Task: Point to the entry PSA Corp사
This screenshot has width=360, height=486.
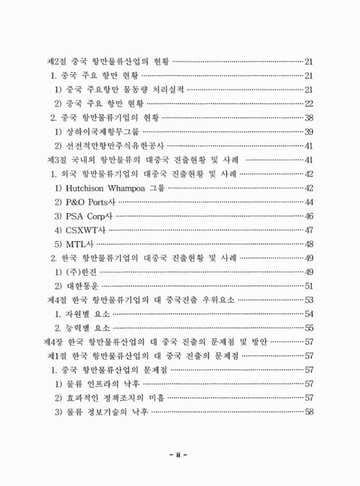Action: coord(89,216)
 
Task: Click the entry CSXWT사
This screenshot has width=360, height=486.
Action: coord(85,230)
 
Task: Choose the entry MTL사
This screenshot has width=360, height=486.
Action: coord(78,244)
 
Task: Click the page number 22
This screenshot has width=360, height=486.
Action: coord(308,103)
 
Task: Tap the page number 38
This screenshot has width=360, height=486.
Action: coord(308,117)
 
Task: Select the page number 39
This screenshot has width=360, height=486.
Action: coord(308,132)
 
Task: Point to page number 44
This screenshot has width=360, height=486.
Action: coord(308,201)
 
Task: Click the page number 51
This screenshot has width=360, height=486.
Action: coord(308,286)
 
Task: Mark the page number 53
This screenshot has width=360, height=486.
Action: coord(308,299)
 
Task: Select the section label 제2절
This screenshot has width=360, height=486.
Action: coord(58,61)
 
